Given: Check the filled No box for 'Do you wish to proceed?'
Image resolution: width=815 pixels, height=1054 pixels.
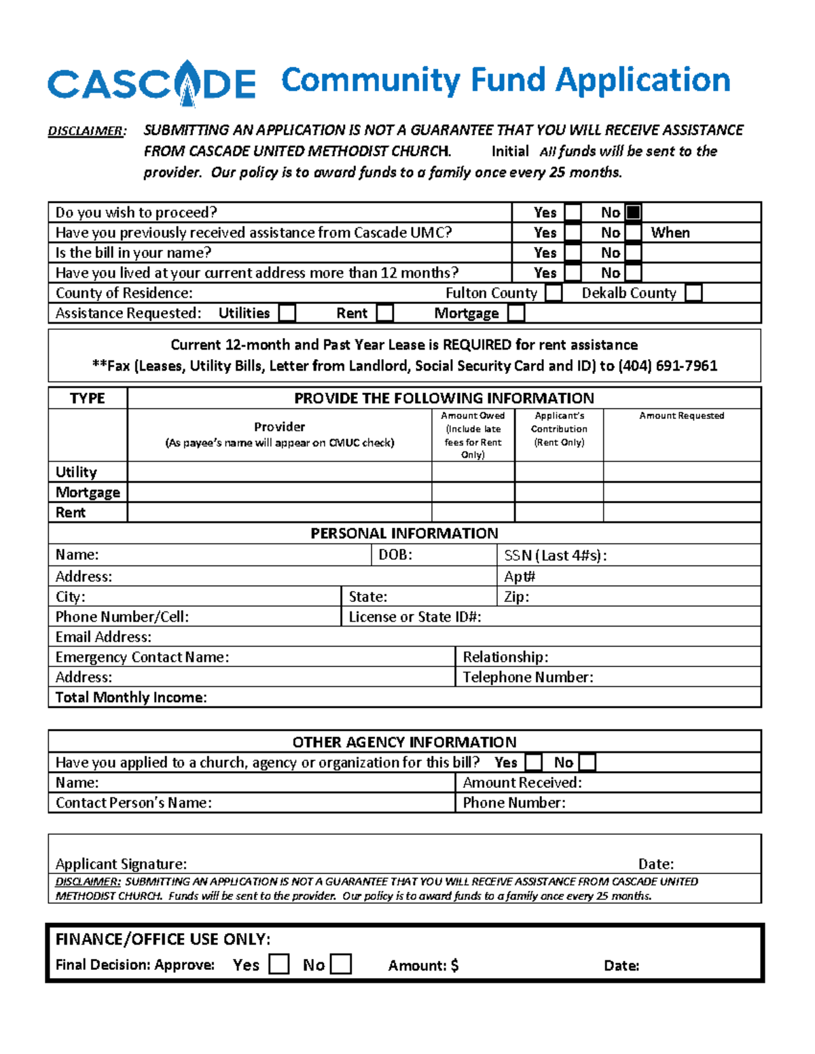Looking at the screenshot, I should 633,212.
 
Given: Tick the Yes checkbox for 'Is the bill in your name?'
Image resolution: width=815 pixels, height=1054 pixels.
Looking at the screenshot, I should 573,253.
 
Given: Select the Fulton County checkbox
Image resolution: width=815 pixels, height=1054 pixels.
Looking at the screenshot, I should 554,293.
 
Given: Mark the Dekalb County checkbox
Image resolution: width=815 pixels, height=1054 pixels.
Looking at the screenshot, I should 693,293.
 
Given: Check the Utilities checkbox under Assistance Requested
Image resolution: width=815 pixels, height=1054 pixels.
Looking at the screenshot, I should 287,313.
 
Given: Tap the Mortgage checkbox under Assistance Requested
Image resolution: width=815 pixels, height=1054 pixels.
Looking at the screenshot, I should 516,313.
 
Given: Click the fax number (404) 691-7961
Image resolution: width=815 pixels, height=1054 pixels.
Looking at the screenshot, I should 667,366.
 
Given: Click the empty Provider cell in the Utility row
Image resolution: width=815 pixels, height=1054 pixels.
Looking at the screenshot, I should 279,472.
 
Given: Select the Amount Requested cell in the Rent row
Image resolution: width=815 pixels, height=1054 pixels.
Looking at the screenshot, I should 681,512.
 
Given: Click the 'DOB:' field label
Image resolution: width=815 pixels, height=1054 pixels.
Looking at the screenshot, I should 395,555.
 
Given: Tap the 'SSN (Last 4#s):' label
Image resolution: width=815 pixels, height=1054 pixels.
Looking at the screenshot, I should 555,556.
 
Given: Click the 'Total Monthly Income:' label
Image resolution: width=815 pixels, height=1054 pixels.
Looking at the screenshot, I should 131,698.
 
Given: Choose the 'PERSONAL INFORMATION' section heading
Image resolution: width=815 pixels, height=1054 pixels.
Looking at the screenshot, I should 404,533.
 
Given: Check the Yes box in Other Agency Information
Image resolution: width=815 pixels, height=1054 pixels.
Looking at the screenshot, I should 534,762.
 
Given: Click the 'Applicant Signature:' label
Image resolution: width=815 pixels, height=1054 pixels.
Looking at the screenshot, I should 121,864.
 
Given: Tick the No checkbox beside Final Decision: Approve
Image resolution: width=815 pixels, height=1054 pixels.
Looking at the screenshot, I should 340,964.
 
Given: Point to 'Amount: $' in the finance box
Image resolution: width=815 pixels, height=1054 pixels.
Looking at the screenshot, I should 423,966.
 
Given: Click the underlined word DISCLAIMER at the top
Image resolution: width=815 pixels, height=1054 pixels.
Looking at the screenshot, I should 86,131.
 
